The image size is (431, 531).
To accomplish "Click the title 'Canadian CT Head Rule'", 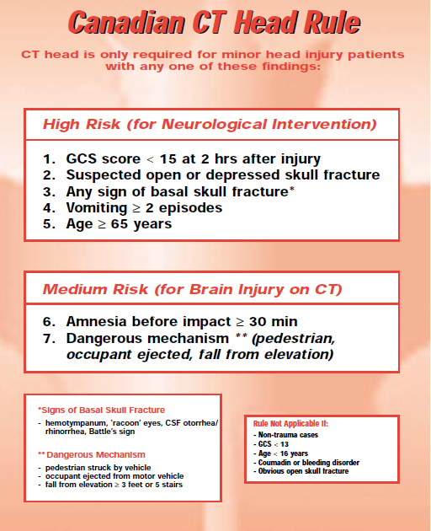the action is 214,23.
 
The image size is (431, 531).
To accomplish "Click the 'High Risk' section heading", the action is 82,124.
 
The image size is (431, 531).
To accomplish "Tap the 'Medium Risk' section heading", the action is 95,290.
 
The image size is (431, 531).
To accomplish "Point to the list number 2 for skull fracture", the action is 49,175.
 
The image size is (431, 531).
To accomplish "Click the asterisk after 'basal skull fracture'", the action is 291,189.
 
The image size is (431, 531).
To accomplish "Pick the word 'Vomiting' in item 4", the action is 97,208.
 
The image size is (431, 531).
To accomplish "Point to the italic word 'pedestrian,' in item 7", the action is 293,339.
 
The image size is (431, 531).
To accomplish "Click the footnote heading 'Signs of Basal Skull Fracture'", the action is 102,410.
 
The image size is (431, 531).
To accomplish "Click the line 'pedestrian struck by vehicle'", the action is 98,468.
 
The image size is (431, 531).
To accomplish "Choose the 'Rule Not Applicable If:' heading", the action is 290,424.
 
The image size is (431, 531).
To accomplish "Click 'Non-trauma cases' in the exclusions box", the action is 288,435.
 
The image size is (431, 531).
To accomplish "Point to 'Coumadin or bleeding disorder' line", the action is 309,463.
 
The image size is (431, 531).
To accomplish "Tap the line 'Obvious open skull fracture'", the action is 303,471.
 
